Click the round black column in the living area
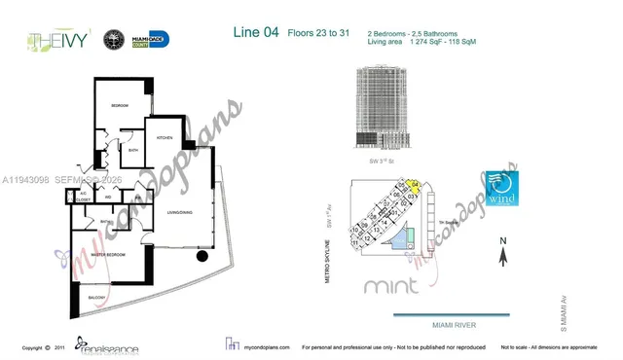[202, 258]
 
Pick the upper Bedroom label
[119, 104]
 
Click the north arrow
[502, 255]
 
